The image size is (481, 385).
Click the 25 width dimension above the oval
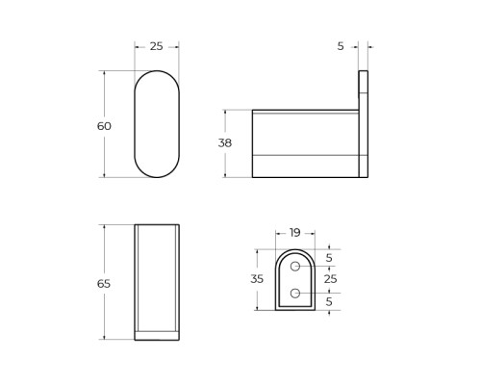pos(156,46)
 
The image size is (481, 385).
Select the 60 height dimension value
pos(105,126)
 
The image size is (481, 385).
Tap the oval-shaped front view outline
pos(156,124)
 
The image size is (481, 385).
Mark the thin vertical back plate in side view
pos(364,124)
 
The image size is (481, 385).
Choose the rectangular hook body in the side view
pos(305,143)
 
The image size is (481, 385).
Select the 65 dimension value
pos(105,283)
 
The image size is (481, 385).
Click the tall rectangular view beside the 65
pos(156,279)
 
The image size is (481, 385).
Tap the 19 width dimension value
pos(295,232)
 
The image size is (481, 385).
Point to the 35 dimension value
pos(257,279)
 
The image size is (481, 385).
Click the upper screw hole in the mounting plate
pos(296,267)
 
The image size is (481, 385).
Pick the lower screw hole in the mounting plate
pos(296,293)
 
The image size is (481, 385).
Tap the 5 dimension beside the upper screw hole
pos(328,257)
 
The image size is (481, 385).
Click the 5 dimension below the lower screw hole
pos(328,301)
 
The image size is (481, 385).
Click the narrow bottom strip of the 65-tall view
pos(156,335)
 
